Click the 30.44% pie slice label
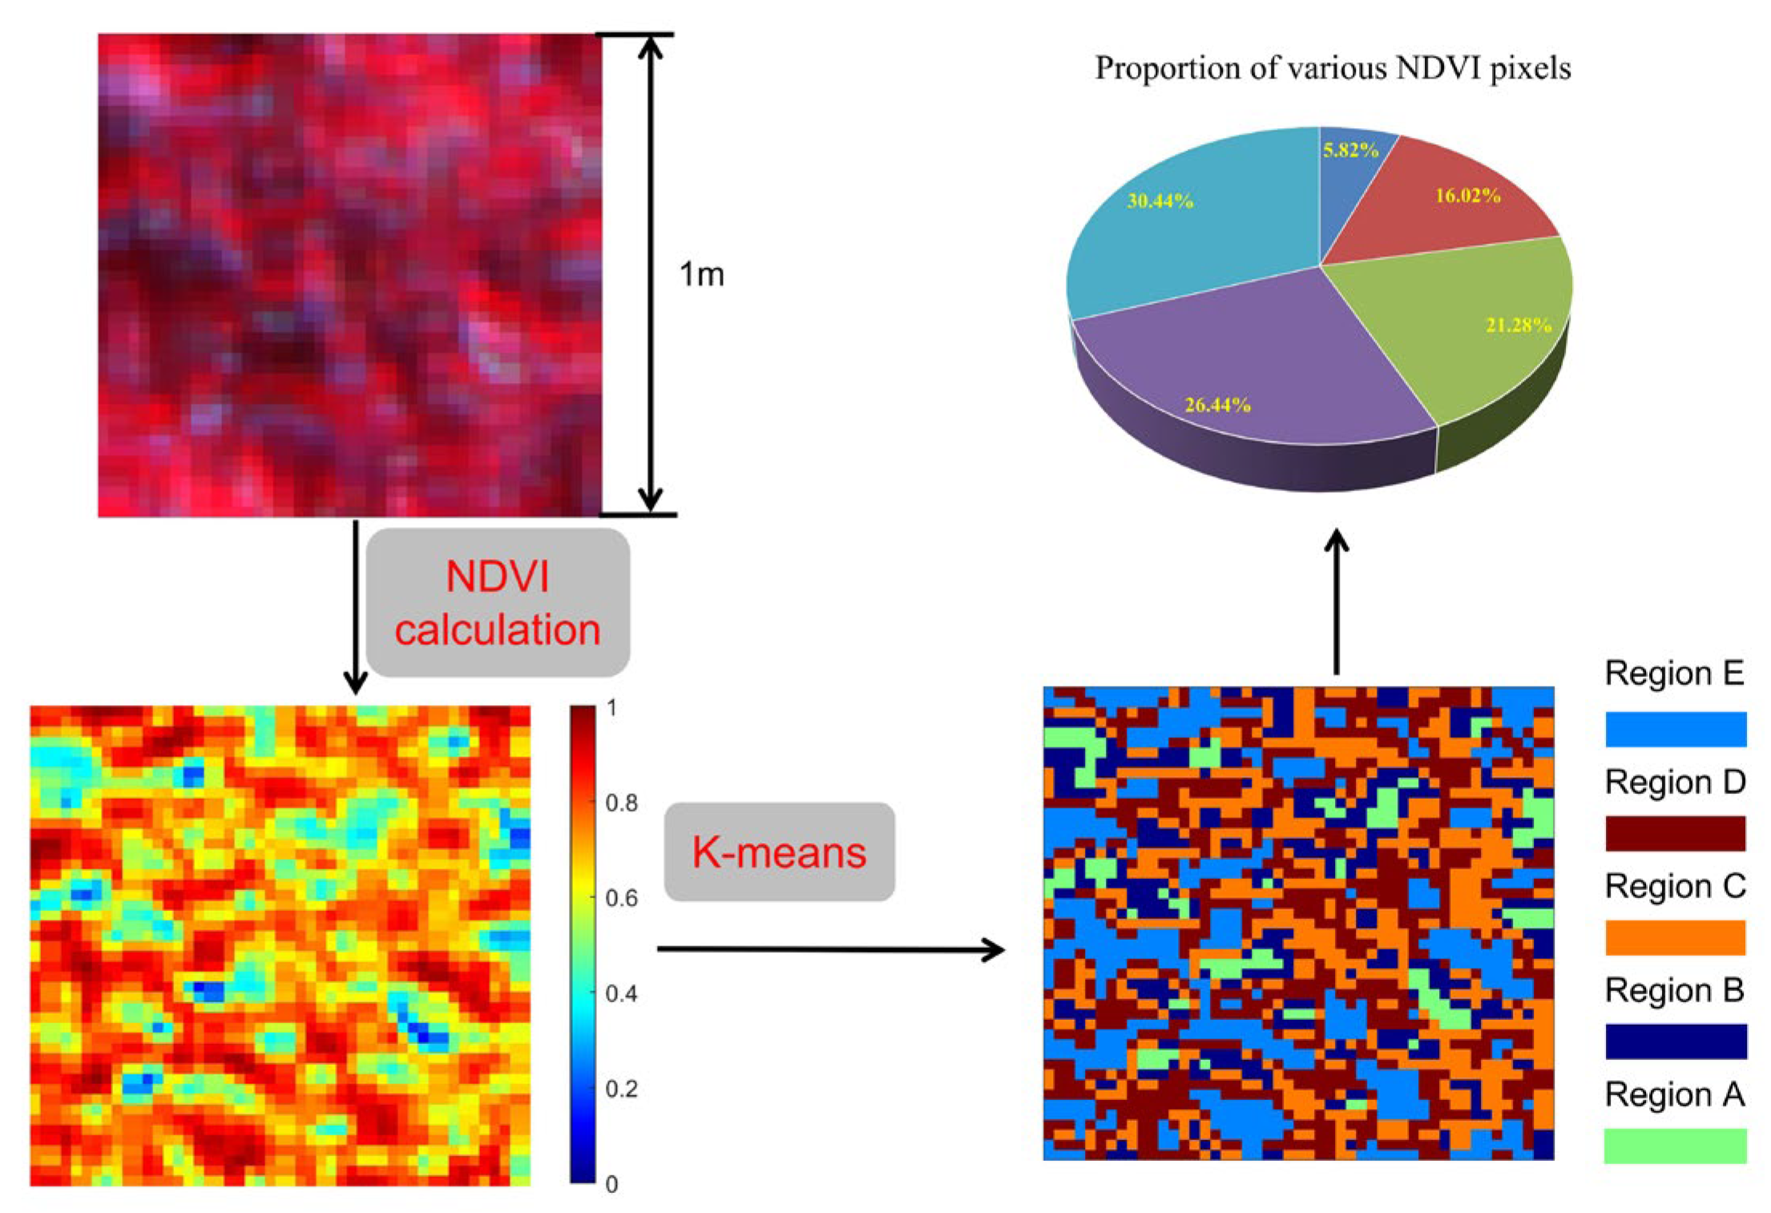(1160, 201)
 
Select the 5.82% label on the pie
(1350, 150)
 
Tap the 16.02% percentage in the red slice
(1467, 195)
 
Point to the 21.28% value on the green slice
(1518, 325)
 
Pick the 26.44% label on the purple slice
(1217, 405)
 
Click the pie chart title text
(1332, 69)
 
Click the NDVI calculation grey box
(498, 602)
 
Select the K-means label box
(779, 852)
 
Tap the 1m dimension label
(701, 275)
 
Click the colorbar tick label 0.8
(621, 803)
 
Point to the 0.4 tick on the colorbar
(621, 994)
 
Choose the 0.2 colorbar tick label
(621, 1090)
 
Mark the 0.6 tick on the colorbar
(621, 899)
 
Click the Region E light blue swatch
(1675, 729)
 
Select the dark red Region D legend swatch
(1675, 833)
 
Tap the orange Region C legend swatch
(1675, 937)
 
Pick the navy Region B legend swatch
(1675, 1042)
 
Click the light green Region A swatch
(1675, 1146)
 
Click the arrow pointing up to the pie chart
(1336, 601)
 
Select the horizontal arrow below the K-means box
(829, 949)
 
